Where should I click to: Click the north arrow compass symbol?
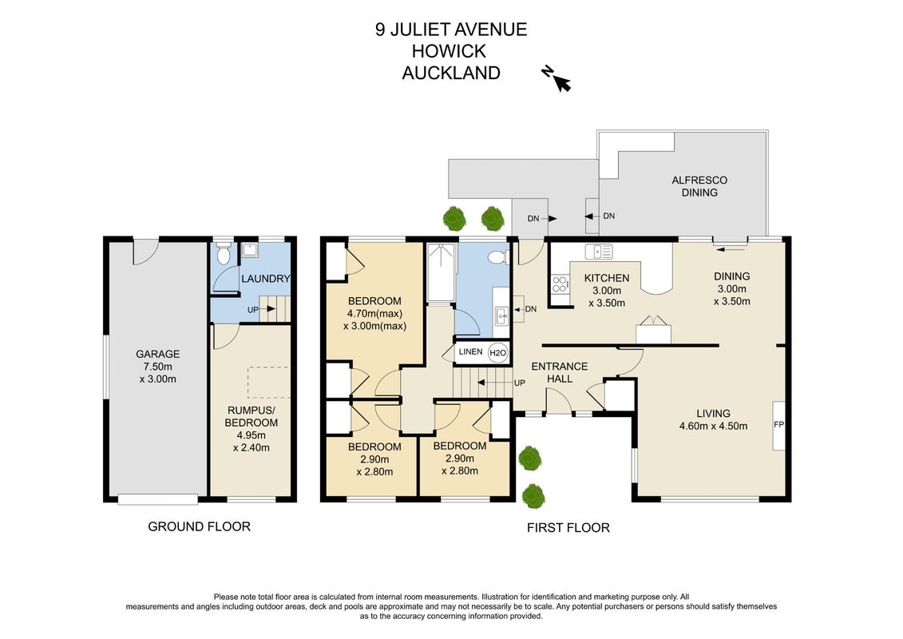click(556, 79)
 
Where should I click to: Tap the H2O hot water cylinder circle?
click(497, 352)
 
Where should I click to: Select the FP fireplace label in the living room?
click(778, 425)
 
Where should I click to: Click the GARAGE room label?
click(158, 354)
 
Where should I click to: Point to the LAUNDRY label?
click(265, 278)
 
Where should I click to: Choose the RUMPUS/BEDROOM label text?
click(251, 416)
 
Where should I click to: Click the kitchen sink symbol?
click(599, 252)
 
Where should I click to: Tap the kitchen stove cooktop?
click(560, 284)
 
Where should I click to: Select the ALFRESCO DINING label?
click(699, 186)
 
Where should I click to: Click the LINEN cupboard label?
click(470, 351)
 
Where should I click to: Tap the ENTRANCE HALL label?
click(559, 372)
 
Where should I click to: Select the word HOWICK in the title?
click(449, 51)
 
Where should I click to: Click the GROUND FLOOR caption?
click(200, 526)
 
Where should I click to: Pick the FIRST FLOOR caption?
click(568, 527)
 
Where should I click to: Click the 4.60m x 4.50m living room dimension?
click(714, 427)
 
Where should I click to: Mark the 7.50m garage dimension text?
click(158, 367)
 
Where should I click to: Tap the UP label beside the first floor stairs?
click(519, 383)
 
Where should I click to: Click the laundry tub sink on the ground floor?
click(250, 250)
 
